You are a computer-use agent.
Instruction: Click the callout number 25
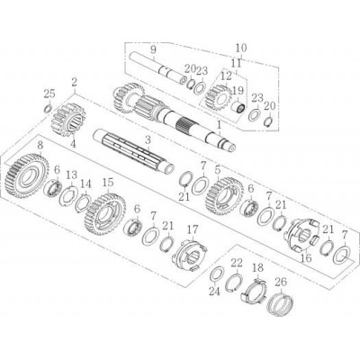[x=49, y=94]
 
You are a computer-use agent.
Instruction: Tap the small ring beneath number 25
[x=48, y=108]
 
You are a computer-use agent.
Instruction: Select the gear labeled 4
[x=68, y=120]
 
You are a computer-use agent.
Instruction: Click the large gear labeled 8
[x=27, y=176]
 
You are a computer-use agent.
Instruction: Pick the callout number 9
[x=153, y=49]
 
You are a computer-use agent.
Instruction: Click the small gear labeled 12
[x=219, y=97]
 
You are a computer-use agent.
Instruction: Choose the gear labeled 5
[x=225, y=196]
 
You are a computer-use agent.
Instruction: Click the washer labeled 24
[x=217, y=274]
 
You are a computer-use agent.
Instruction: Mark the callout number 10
[x=241, y=48]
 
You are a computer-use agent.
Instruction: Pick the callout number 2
[x=75, y=81]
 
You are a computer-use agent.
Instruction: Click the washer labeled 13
[x=69, y=196]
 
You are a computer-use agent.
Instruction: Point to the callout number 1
[x=220, y=124]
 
